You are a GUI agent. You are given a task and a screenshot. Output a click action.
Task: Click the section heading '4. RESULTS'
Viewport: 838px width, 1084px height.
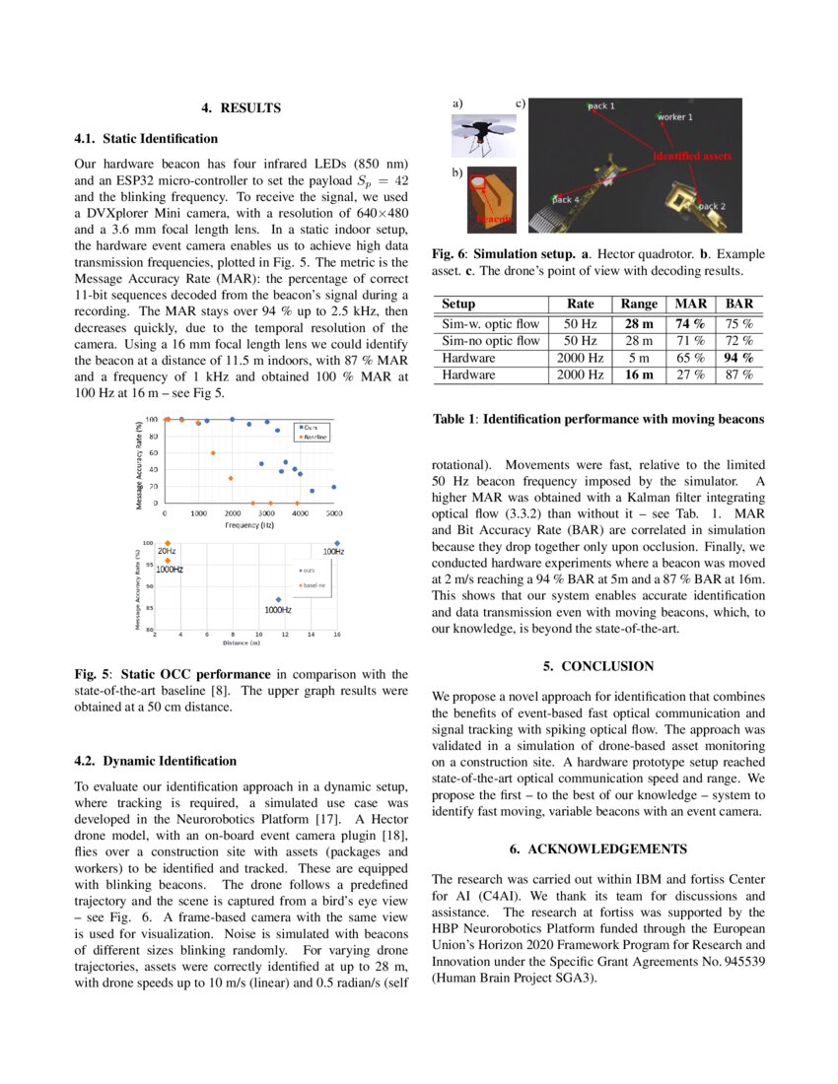pos(242,108)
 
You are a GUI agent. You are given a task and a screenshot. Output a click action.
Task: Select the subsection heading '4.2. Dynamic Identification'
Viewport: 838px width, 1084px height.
pos(156,761)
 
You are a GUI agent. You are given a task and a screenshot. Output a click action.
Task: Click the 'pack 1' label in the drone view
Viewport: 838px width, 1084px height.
pos(601,105)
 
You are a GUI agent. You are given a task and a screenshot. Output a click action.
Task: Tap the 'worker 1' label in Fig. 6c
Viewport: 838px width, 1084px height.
pos(675,116)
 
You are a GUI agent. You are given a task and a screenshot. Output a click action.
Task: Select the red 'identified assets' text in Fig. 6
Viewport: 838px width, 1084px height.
pos(692,156)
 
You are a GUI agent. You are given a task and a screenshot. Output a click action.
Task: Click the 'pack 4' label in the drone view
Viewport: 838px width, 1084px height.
pos(565,200)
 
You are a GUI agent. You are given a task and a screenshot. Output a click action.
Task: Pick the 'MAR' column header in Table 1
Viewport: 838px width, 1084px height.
pos(689,305)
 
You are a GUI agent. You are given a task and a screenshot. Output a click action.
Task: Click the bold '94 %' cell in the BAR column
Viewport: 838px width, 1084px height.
pos(738,358)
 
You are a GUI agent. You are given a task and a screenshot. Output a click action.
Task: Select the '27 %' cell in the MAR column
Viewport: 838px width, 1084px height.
pos(689,375)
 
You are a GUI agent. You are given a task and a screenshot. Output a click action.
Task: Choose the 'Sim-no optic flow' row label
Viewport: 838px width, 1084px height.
pos(491,340)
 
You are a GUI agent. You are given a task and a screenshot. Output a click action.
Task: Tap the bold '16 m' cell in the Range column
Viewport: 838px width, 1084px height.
pos(639,375)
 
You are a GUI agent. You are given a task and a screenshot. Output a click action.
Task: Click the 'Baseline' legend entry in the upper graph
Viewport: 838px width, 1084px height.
pos(314,436)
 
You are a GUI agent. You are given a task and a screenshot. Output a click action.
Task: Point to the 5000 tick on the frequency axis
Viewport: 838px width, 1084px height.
pos(334,514)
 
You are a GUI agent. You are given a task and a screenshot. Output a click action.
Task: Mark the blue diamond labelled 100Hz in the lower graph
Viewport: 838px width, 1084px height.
pos(337,542)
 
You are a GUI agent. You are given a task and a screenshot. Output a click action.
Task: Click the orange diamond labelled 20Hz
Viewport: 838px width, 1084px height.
pos(168,543)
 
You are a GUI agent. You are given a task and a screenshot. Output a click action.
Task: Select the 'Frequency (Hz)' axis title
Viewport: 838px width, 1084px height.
pos(248,526)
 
